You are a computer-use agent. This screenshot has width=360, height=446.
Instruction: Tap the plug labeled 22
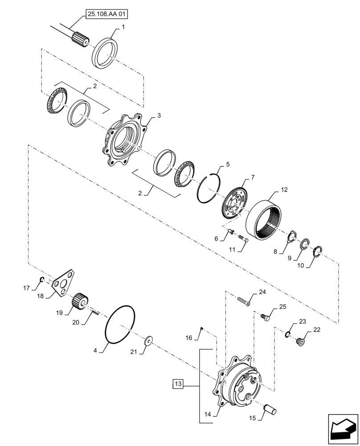[x=300, y=341]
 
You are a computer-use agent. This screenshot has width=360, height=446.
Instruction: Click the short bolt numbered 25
[x=265, y=317]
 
